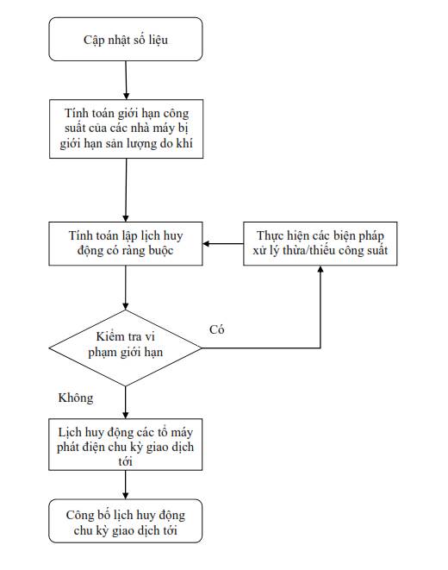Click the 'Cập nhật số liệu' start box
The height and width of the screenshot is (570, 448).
(126, 40)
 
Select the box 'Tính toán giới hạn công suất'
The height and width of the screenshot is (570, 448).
(126, 128)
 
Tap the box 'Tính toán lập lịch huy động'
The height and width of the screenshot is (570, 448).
(126, 243)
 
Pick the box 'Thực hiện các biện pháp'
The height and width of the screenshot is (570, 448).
(320, 243)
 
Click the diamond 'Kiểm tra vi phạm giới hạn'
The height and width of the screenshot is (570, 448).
(125, 348)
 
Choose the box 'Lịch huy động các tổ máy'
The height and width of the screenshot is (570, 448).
(125, 444)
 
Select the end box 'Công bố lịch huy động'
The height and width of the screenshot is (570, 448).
(125, 521)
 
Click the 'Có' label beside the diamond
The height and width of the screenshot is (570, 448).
(217, 329)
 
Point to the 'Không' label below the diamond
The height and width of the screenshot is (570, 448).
(76, 398)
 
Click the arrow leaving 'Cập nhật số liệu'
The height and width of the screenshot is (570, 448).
(126, 80)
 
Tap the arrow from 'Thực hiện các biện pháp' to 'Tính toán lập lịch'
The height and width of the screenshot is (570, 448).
(223, 243)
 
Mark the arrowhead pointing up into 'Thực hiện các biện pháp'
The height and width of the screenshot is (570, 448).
(320, 269)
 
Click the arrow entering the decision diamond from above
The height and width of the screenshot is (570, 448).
(126, 287)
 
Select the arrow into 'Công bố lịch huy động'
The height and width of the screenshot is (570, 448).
(125, 485)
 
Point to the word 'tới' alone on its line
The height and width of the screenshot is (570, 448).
(125, 461)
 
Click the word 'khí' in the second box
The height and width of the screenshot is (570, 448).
(184, 143)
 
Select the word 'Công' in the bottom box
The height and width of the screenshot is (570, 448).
(80, 515)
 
